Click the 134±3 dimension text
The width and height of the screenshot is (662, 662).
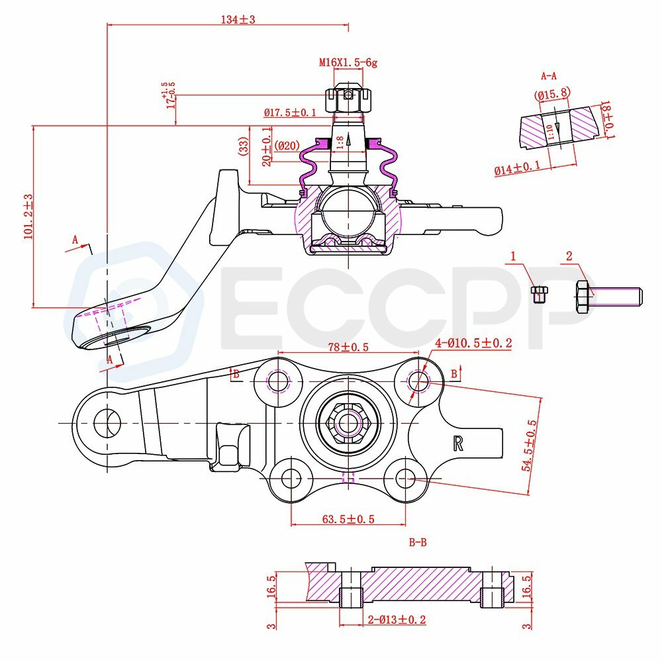click(238, 20)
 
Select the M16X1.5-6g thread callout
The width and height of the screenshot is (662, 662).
click(348, 63)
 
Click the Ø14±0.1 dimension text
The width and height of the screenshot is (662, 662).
click(517, 166)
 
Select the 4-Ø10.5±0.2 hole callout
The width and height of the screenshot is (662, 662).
click(473, 343)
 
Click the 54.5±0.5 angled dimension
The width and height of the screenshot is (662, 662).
click(529, 443)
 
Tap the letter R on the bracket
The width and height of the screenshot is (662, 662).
click(457, 443)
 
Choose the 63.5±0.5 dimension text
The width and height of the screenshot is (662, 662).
click(348, 519)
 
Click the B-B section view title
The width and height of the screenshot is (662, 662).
click(417, 543)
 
